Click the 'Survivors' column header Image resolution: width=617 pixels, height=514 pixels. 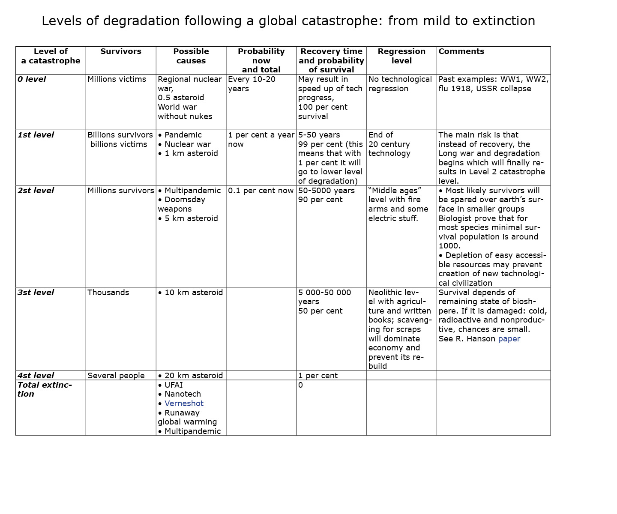click(x=120, y=51)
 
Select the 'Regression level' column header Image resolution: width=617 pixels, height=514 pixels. click(x=401, y=56)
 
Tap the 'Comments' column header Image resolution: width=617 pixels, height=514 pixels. click(x=461, y=51)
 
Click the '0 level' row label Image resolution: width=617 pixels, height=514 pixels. click(x=32, y=79)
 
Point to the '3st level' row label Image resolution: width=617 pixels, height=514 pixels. click(x=36, y=293)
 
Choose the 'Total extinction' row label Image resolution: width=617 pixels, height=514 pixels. click(x=44, y=389)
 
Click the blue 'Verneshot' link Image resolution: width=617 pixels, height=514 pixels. click(x=184, y=403)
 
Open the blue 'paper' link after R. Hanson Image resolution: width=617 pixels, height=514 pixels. click(x=509, y=339)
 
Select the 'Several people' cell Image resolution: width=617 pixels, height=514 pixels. click(x=116, y=376)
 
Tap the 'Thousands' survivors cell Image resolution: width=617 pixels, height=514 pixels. click(x=108, y=293)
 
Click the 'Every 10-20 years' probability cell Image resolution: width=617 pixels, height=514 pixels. click(x=252, y=84)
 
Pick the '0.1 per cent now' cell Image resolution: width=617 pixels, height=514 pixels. click(x=261, y=191)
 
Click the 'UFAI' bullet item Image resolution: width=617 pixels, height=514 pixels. click(x=174, y=385)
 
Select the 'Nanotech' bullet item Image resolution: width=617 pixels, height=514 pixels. click(x=183, y=394)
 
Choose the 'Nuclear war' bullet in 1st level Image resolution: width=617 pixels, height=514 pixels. click(x=187, y=144)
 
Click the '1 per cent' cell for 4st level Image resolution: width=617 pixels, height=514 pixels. click(x=317, y=376)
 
